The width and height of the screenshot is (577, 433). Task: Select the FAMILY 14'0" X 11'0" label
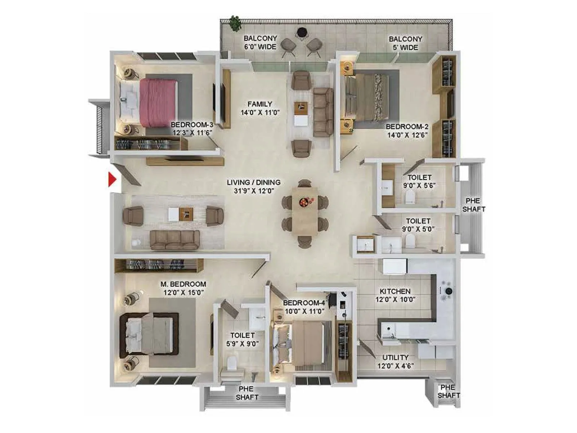260,108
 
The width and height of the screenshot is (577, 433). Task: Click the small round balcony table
301,32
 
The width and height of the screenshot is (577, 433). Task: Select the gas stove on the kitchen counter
446,291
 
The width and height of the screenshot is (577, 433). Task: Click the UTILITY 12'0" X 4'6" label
396,362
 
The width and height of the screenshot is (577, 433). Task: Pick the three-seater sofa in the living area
175,240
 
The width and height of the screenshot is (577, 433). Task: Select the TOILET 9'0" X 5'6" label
419,181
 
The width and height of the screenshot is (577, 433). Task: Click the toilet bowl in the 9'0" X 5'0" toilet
410,241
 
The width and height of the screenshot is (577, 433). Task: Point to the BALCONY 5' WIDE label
405,43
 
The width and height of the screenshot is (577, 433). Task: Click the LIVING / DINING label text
254,187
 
